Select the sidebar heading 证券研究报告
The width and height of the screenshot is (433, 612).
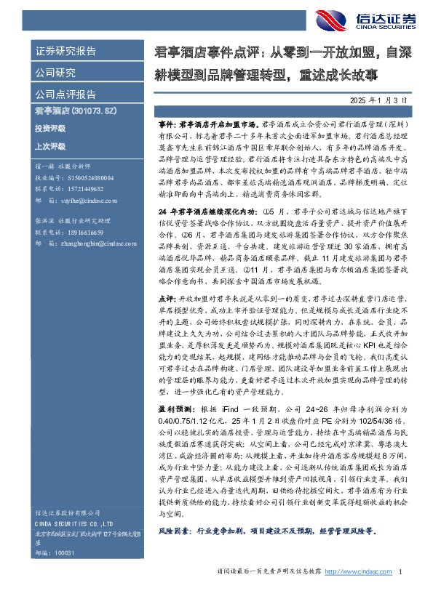coord(65,52)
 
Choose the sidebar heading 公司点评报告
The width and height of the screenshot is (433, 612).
coord(65,94)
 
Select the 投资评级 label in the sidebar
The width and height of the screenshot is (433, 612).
coord(50,128)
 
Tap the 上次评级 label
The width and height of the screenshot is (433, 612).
coord(50,146)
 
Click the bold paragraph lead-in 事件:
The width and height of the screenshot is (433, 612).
coord(167,125)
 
